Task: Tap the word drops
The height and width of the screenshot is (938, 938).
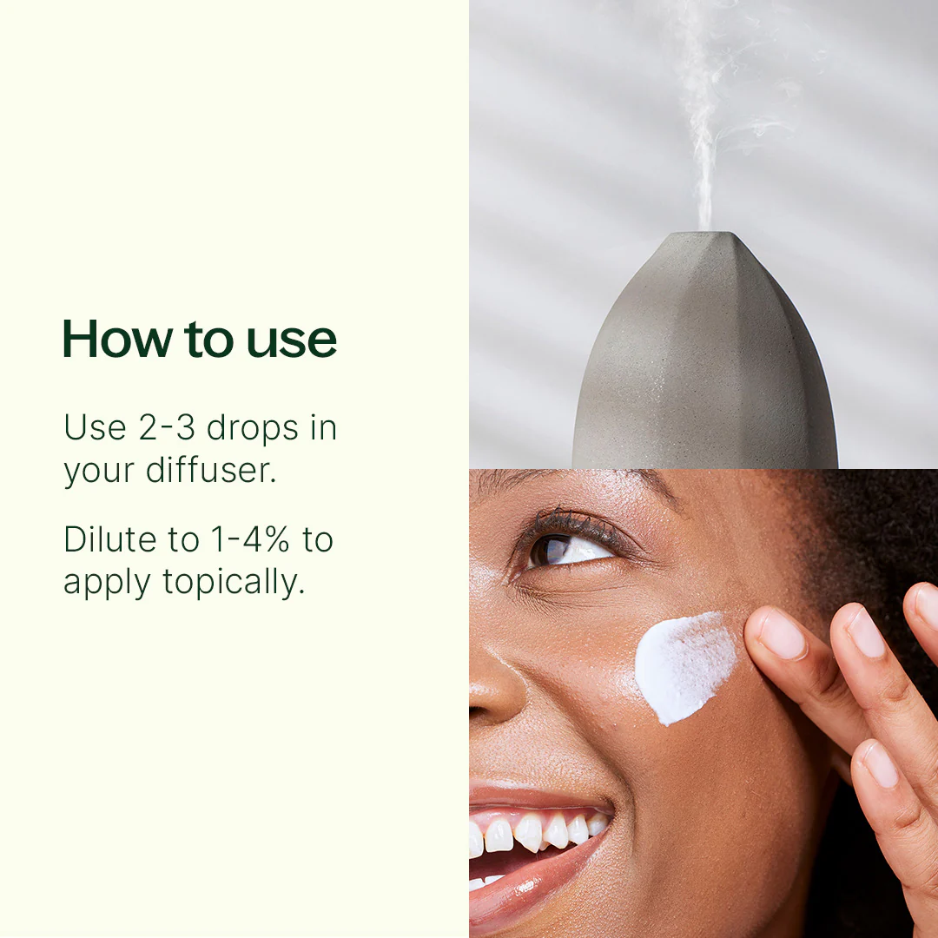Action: (253, 430)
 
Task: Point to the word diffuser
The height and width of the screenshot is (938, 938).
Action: (211, 470)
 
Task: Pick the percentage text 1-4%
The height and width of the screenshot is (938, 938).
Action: (250, 539)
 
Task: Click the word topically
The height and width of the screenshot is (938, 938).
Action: (234, 583)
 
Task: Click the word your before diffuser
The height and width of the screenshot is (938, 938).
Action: (99, 472)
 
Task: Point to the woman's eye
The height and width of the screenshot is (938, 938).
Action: (568, 548)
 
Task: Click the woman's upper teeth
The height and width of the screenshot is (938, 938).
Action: (538, 833)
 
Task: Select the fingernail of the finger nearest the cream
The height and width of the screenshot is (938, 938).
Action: (782, 634)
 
